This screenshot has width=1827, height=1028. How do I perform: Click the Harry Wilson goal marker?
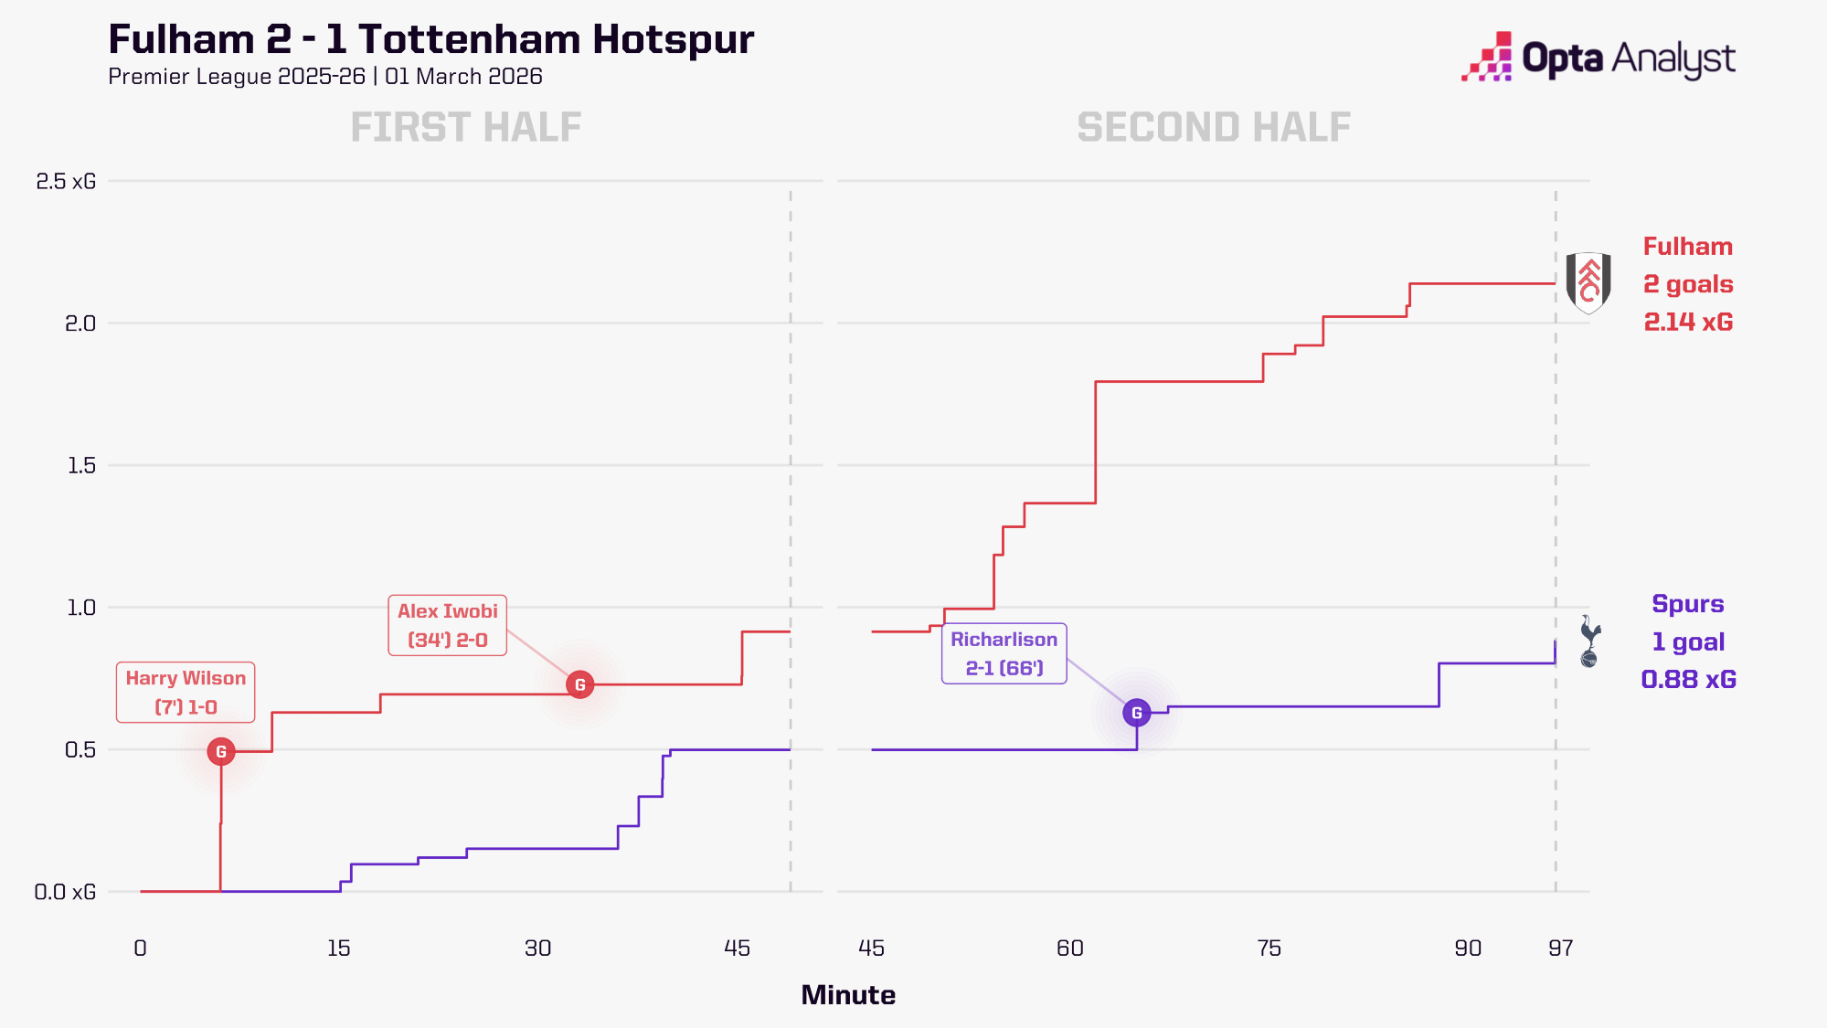[220, 751]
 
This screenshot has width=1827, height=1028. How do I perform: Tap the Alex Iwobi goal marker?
[579, 684]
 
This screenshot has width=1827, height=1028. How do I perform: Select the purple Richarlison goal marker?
[1136, 713]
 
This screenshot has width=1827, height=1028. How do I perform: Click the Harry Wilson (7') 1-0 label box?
[186, 693]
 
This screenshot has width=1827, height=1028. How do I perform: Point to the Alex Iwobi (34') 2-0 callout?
[447, 626]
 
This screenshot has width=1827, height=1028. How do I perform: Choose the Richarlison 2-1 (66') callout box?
[1004, 653]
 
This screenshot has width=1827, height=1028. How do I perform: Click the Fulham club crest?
[1588, 283]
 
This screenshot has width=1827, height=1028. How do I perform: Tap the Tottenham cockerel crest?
[1590, 641]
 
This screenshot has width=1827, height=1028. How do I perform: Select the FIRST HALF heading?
[466, 127]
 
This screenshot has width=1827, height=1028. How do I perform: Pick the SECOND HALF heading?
[1213, 127]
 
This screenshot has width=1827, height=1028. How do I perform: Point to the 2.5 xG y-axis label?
[66, 181]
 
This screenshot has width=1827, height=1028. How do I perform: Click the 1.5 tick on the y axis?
[80, 465]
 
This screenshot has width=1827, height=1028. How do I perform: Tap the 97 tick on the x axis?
[1560, 948]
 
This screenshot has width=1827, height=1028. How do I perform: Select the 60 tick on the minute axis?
[1069, 948]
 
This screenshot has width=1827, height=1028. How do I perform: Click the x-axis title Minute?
[848, 995]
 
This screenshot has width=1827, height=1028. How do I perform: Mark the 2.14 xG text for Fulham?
[1688, 322]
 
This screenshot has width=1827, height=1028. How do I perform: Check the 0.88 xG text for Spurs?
[1688, 679]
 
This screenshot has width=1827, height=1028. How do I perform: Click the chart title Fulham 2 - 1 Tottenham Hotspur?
[430, 39]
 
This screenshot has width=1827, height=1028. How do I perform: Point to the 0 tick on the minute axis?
[140, 948]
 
